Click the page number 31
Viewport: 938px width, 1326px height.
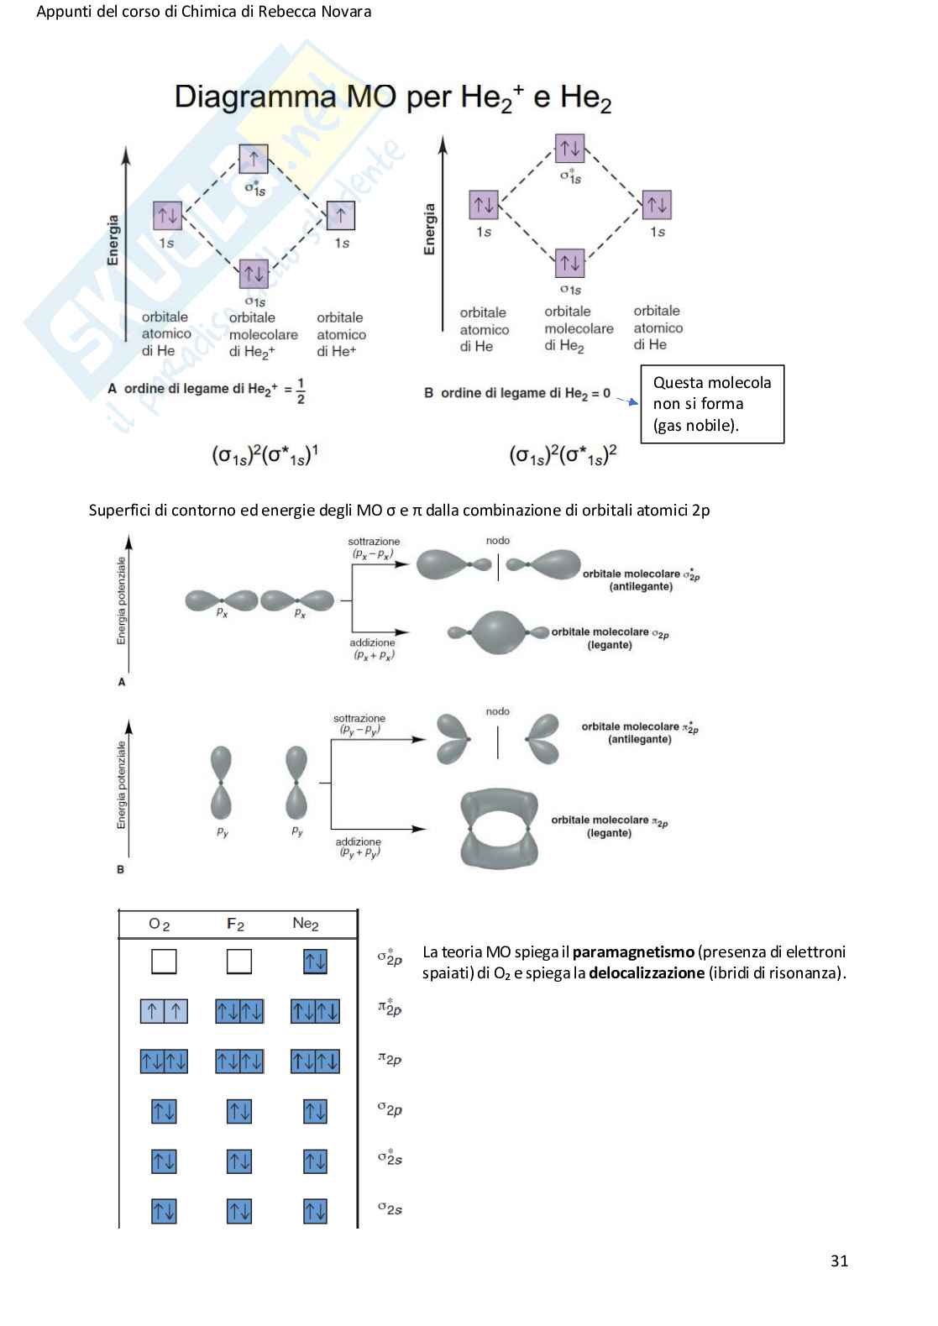(839, 1260)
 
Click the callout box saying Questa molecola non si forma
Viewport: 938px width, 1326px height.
(712, 404)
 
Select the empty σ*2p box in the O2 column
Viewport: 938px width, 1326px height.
(164, 961)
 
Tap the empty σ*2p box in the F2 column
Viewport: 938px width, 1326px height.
(239, 961)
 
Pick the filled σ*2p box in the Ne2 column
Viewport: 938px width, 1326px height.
(315, 961)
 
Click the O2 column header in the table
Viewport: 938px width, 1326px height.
(159, 924)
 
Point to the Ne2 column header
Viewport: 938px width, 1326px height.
(306, 924)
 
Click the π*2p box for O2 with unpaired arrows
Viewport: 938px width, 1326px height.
(164, 1011)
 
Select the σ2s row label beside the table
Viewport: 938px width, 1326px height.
(390, 1209)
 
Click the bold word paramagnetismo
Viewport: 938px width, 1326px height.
(633, 951)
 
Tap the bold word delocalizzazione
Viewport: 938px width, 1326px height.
(647, 973)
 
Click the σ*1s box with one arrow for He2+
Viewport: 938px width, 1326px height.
(254, 159)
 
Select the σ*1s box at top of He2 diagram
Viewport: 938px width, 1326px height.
(570, 149)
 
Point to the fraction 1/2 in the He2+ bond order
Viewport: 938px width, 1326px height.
(301, 391)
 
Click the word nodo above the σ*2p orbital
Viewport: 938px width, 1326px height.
(498, 541)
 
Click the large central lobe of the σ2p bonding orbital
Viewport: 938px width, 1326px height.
(498, 632)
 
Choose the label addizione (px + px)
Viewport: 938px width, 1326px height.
(373, 648)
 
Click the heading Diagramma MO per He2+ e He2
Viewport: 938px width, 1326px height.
(392, 98)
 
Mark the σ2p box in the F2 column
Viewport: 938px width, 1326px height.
(239, 1111)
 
